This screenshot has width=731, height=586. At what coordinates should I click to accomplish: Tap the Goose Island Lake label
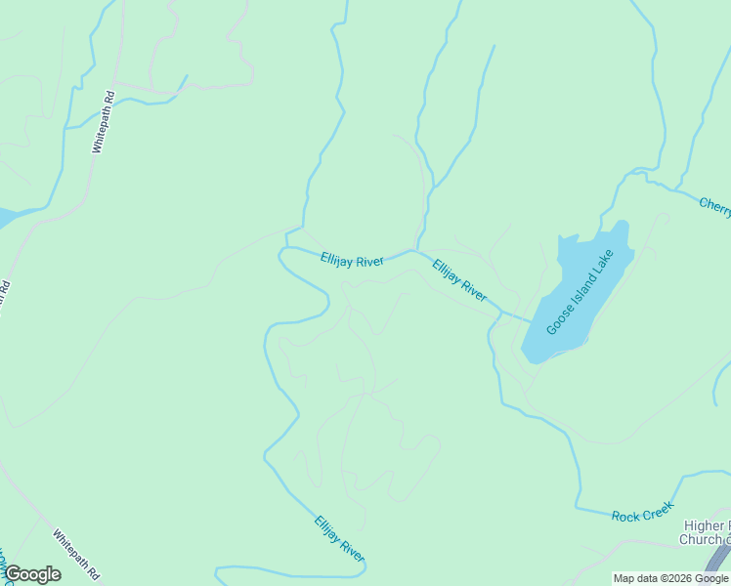click(x=580, y=292)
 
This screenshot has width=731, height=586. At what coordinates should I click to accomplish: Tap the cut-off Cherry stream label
click(x=714, y=204)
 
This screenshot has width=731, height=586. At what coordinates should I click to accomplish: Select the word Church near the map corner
click(x=701, y=539)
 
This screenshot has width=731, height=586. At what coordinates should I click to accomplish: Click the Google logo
click(x=31, y=574)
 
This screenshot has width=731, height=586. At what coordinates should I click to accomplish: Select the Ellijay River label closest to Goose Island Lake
click(x=459, y=279)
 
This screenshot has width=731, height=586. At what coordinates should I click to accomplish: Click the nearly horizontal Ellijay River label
click(x=352, y=260)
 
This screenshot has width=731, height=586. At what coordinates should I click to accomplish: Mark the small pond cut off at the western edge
click(x=8, y=217)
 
